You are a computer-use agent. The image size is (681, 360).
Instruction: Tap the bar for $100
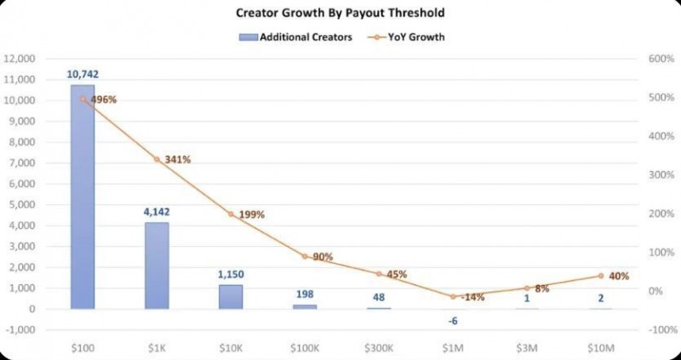tap(83, 197)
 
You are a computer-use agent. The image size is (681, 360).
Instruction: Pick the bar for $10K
tap(231, 296)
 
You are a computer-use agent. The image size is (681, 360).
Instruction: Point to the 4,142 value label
tap(157, 213)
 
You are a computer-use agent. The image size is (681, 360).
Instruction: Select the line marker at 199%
tap(231, 214)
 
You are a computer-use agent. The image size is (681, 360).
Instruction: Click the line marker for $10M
tap(600, 276)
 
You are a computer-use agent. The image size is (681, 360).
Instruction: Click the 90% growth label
tap(322, 256)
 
